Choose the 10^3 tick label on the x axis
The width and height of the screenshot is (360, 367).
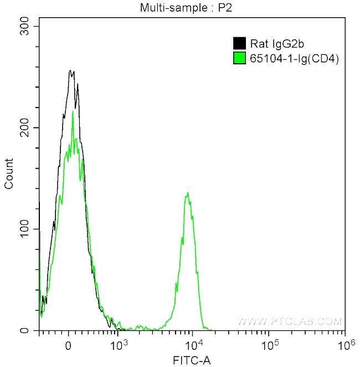tap(119, 344)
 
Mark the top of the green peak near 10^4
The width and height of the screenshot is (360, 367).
tap(188, 192)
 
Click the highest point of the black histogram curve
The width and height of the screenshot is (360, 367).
tap(70, 70)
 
